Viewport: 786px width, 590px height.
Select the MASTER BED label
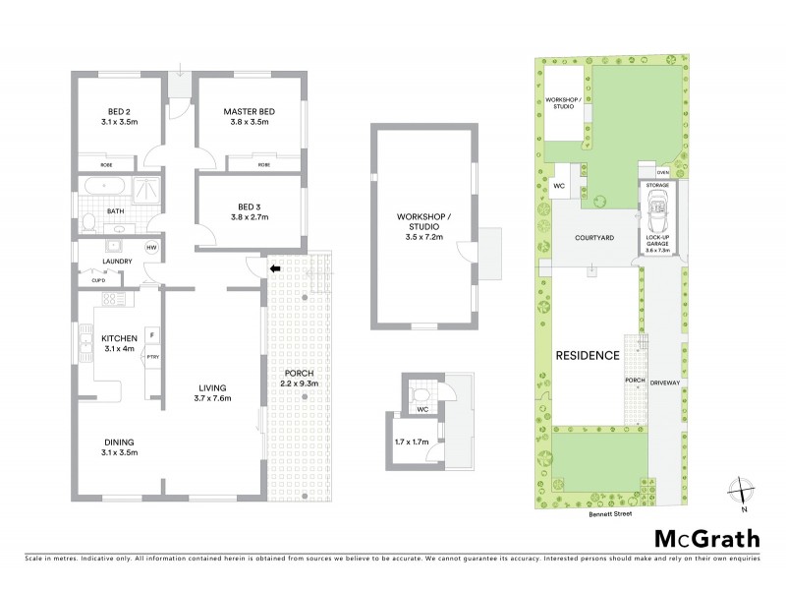point(249,112)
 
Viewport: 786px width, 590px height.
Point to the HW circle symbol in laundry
point(151,247)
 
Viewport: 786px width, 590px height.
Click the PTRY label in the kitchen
point(152,357)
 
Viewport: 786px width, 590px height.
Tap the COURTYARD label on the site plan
point(594,238)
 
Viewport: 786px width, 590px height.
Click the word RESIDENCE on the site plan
point(588,355)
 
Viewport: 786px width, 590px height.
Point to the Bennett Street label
point(608,514)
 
